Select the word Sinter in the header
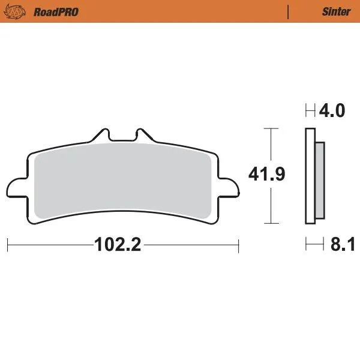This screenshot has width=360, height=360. point(336,12)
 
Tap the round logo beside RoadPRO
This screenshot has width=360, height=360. point(19,11)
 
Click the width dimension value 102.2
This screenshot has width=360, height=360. point(117,245)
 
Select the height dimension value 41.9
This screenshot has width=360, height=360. point(266,175)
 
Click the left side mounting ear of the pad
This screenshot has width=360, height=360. point(15,186)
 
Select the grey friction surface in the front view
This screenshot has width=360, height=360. point(123,180)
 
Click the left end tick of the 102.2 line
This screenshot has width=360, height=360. point(7,245)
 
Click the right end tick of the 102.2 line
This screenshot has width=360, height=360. point(239,245)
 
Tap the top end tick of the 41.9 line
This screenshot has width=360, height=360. point(272,128)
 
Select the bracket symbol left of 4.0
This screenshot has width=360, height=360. point(310,111)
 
